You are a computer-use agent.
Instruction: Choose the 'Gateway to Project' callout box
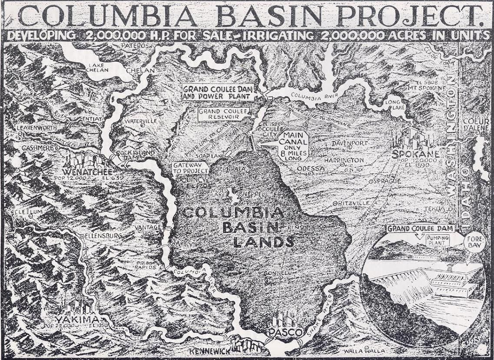pyautogui.click(x=190, y=168)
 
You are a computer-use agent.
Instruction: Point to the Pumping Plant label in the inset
pyautogui.click(x=437, y=240)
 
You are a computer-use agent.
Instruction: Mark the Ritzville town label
pyautogui.click(x=352, y=203)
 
